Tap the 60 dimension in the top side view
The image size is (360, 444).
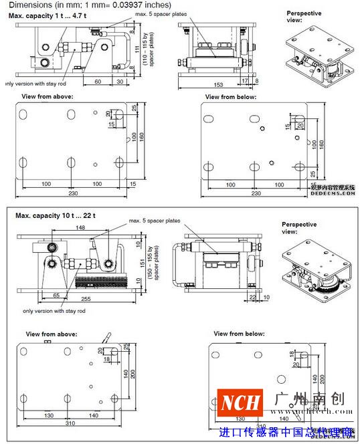98,80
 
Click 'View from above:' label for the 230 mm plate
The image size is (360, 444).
48,96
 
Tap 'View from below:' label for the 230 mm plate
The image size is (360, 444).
230,96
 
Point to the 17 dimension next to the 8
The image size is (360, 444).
246,80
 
